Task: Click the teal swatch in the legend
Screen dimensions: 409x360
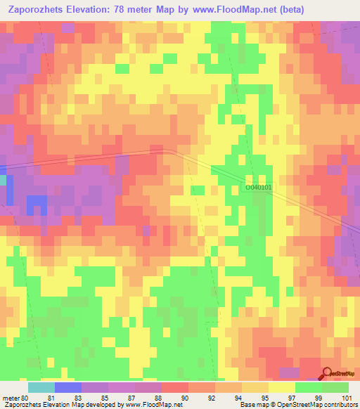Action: pos(41,387)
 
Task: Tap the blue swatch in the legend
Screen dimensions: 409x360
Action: pos(68,387)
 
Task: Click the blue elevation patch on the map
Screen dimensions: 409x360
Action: pos(37,205)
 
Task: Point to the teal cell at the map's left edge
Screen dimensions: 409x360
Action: pos(3,181)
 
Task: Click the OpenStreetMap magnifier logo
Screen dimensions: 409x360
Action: pos(327,375)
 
